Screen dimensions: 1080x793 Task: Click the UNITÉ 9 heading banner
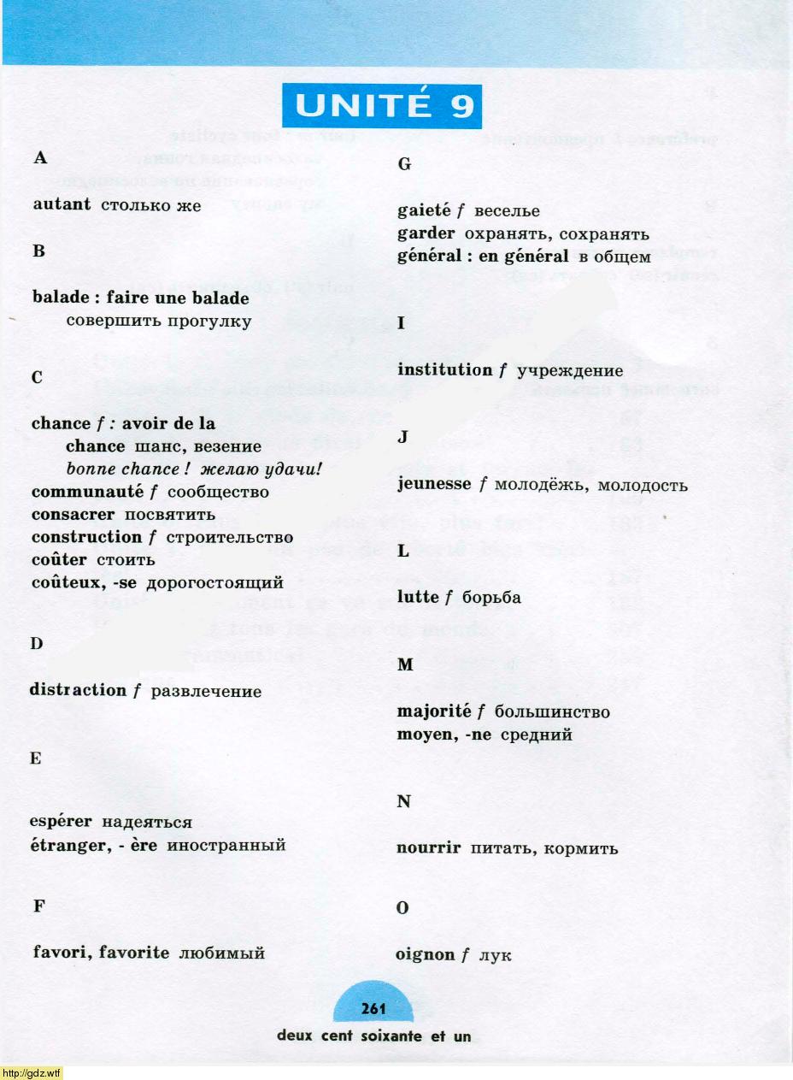coord(381,105)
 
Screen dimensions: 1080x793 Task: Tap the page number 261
coord(373,1008)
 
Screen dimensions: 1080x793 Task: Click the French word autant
coord(62,205)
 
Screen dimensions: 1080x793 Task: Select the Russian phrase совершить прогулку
coord(159,322)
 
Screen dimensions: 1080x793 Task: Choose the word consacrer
coord(74,515)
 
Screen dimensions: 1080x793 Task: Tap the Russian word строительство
coord(229,538)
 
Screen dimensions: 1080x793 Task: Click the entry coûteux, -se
coord(85,583)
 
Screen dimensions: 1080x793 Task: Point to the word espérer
coord(62,822)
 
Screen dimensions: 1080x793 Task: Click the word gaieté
coord(424,211)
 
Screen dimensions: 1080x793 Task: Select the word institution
coord(444,370)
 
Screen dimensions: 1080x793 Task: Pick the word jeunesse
coord(435,485)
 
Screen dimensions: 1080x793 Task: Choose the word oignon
coord(425,954)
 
